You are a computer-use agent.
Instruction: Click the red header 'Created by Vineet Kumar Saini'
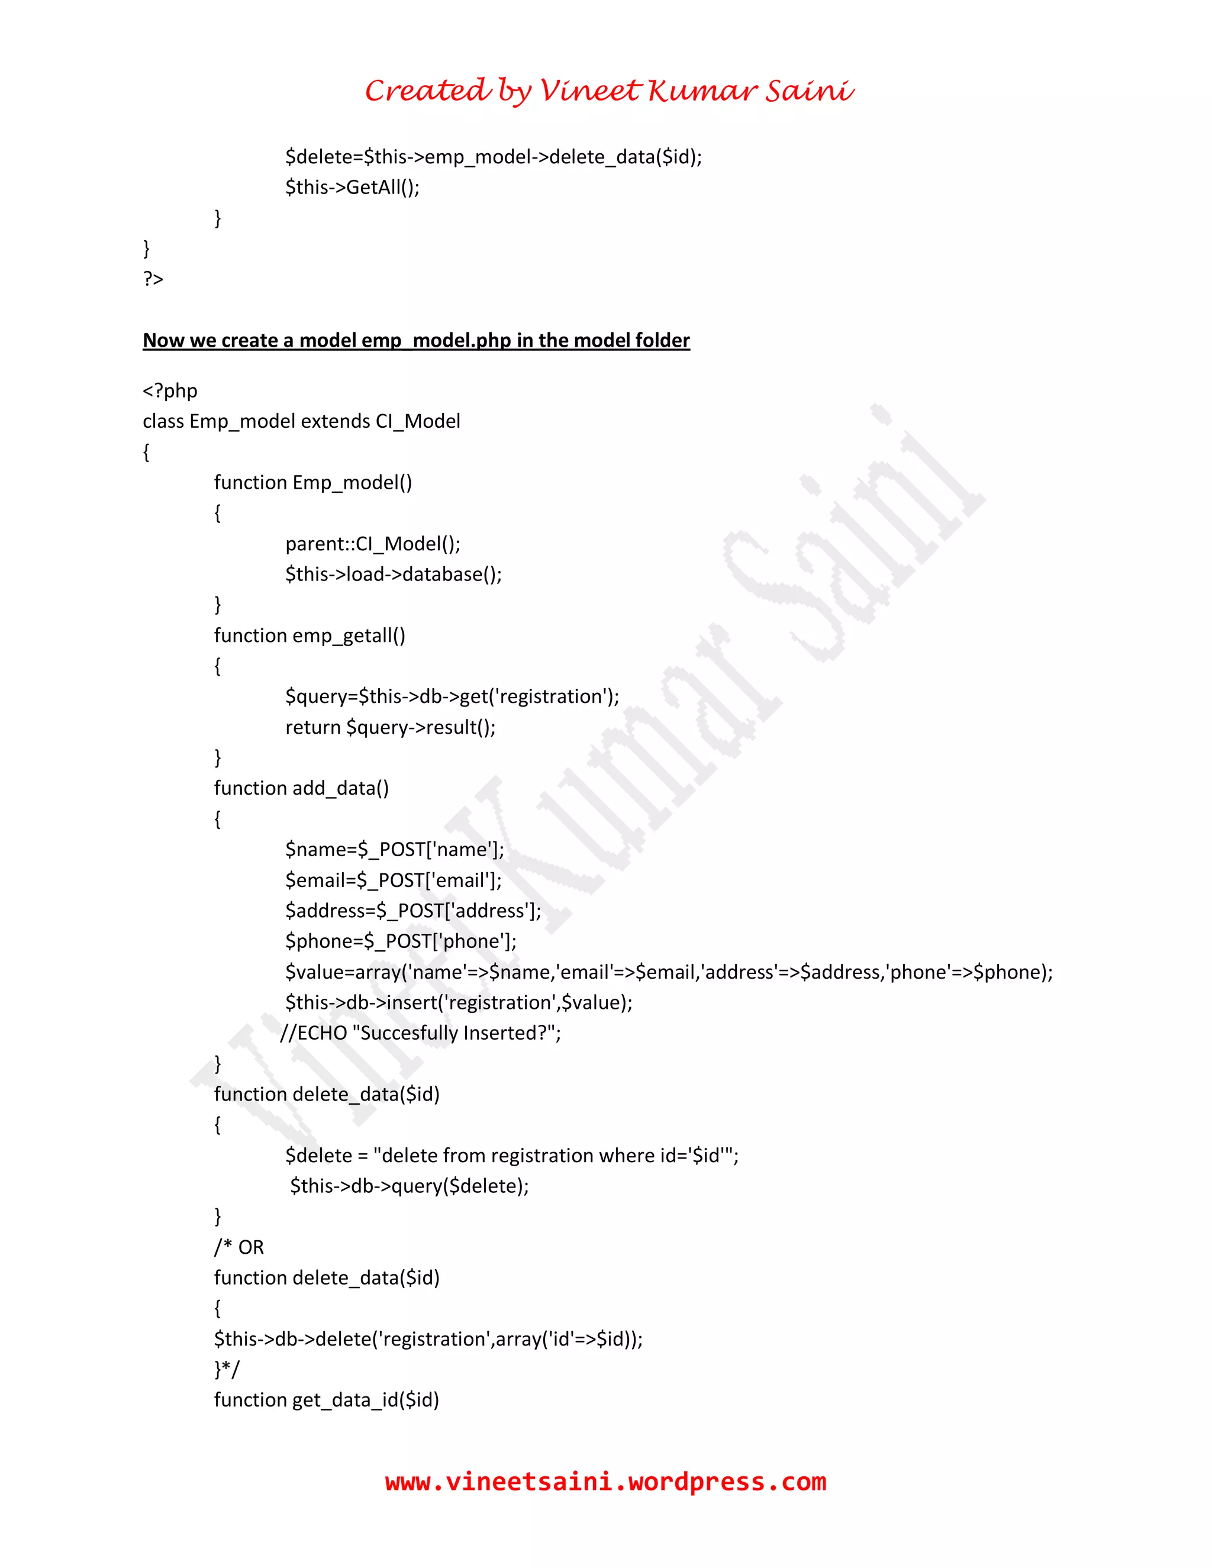609,91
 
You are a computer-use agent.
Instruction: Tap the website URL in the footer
605,1481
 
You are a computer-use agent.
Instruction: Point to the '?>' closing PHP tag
153,279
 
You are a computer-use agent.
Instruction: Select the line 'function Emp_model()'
312,482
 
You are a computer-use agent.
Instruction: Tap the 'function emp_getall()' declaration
309,635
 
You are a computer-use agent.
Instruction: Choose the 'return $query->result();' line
390,727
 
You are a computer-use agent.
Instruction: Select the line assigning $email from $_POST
393,880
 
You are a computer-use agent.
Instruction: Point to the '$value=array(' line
668,972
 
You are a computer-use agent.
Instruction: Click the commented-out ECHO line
420,1033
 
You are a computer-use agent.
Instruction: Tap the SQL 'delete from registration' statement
511,1155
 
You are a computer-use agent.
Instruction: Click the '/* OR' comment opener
238,1247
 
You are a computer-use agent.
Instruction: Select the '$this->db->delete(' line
428,1339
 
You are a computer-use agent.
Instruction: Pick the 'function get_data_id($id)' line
326,1400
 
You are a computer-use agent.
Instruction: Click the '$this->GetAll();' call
352,188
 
